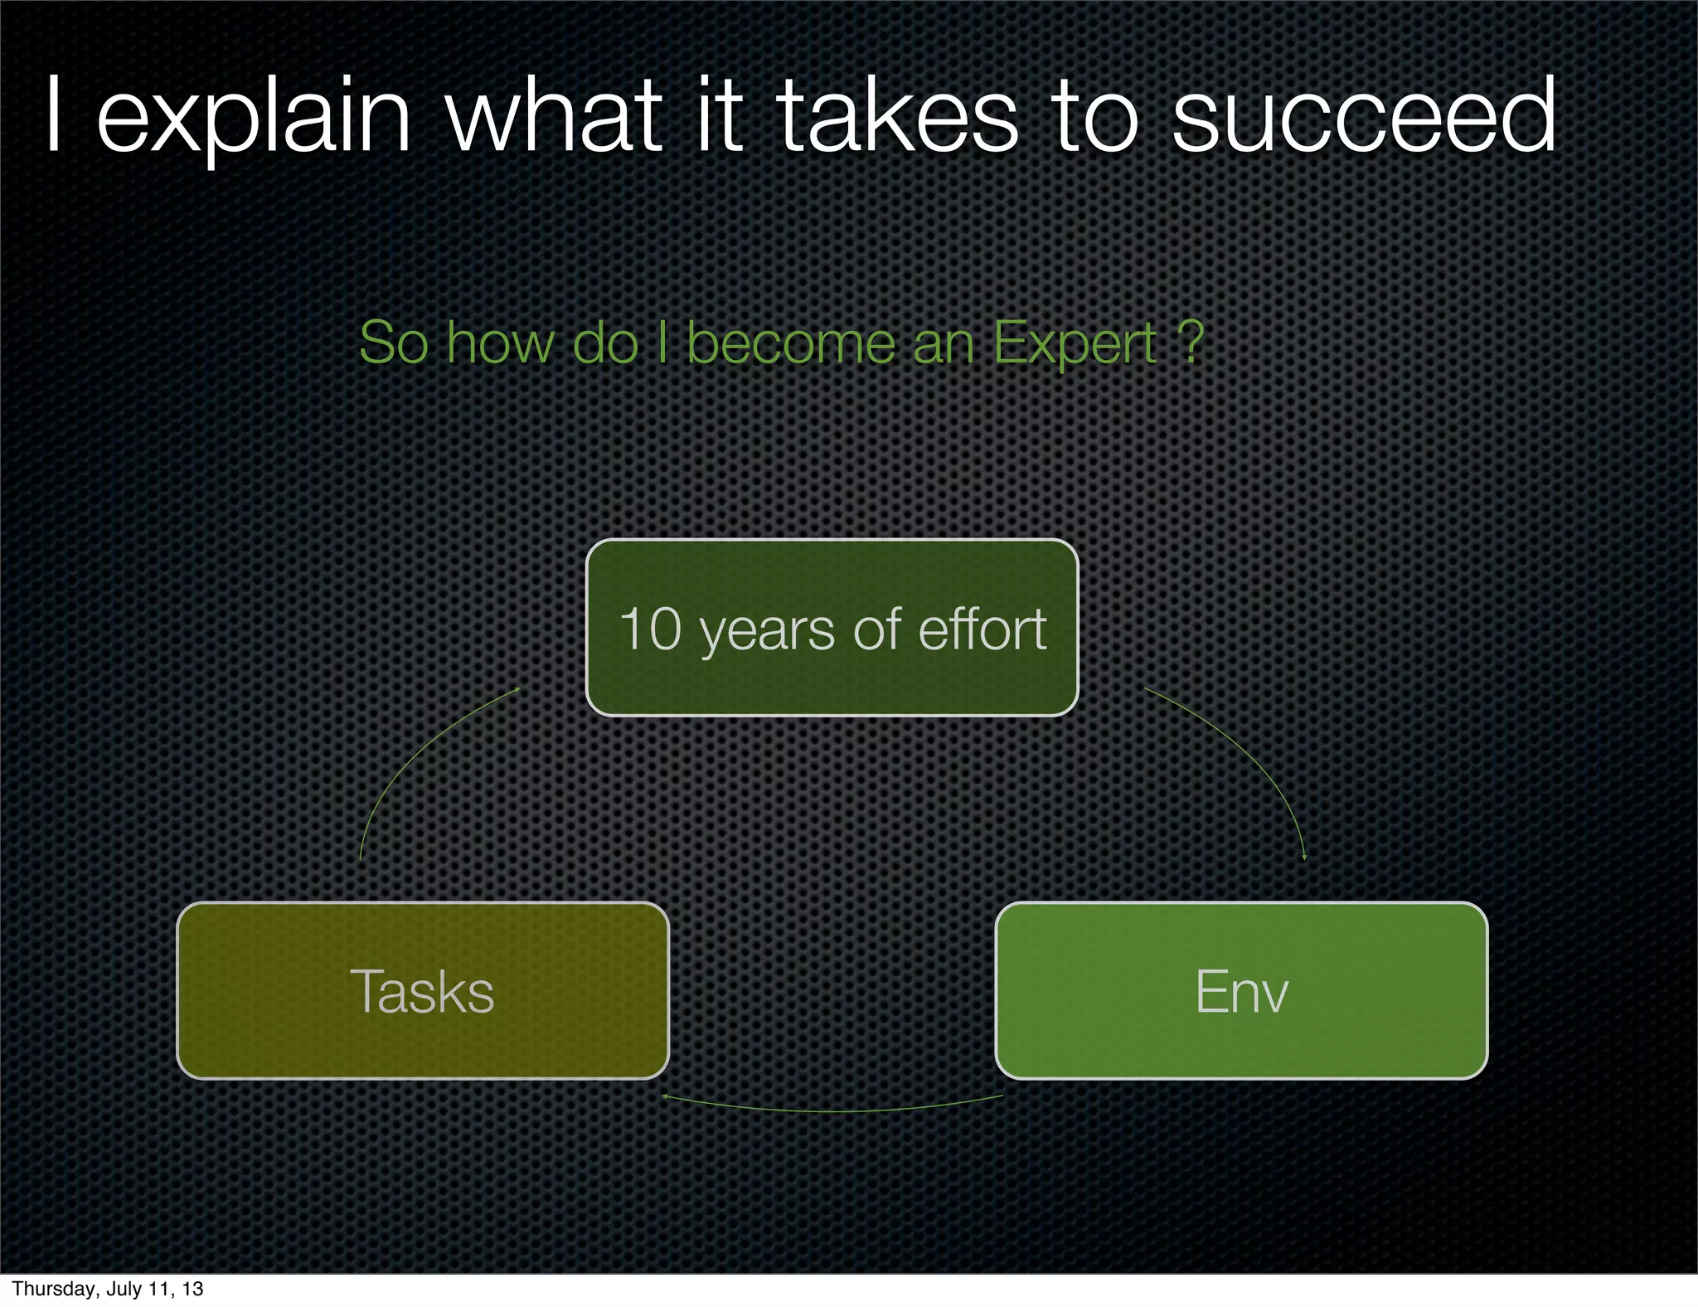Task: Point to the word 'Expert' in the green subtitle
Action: coord(1075,343)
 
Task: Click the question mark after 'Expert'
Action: coord(1191,343)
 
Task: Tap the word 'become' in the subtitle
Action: coord(791,343)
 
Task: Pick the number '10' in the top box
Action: coord(650,629)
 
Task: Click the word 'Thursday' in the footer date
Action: coord(51,1289)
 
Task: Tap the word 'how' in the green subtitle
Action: coord(500,343)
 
